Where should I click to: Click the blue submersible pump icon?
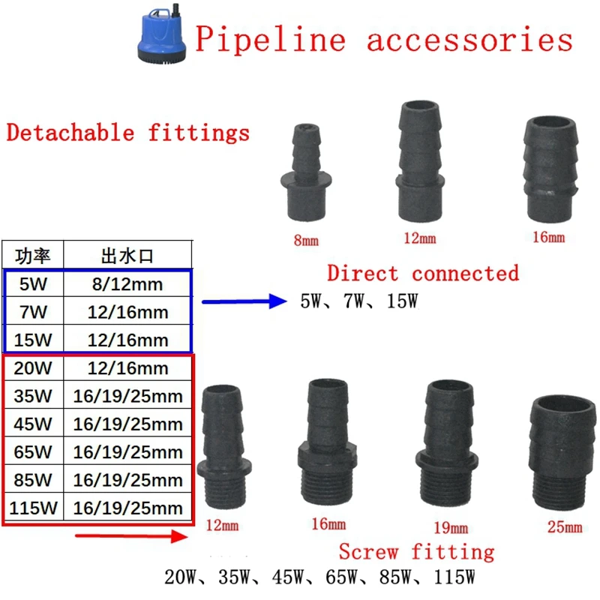pyautogui.click(x=162, y=34)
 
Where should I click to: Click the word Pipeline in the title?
pyautogui.click(x=271, y=39)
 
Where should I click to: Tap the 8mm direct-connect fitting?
pyautogui.click(x=306, y=172)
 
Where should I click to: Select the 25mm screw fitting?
pyautogui.click(x=562, y=453)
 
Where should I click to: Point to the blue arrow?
pyautogui.click(x=244, y=301)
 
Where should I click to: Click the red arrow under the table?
pyautogui.click(x=131, y=536)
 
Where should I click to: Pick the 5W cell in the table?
pyautogui.click(x=33, y=284)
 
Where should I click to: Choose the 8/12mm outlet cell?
pyautogui.click(x=127, y=284)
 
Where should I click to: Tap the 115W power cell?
pyautogui.click(x=33, y=508)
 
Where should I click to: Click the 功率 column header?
pyautogui.click(x=33, y=256)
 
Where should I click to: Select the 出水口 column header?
pyautogui.click(x=127, y=256)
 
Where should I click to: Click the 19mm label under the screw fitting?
pyautogui.click(x=451, y=528)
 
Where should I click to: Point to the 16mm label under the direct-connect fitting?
pyautogui.click(x=549, y=237)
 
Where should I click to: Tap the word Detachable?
pyautogui.click(x=70, y=133)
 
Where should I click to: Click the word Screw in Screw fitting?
pyautogui.click(x=368, y=552)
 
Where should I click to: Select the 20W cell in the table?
pyautogui.click(x=33, y=368)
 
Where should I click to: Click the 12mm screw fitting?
pyautogui.click(x=223, y=447)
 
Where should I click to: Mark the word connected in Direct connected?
pyautogui.click(x=465, y=273)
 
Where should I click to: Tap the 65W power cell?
pyautogui.click(x=33, y=452)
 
